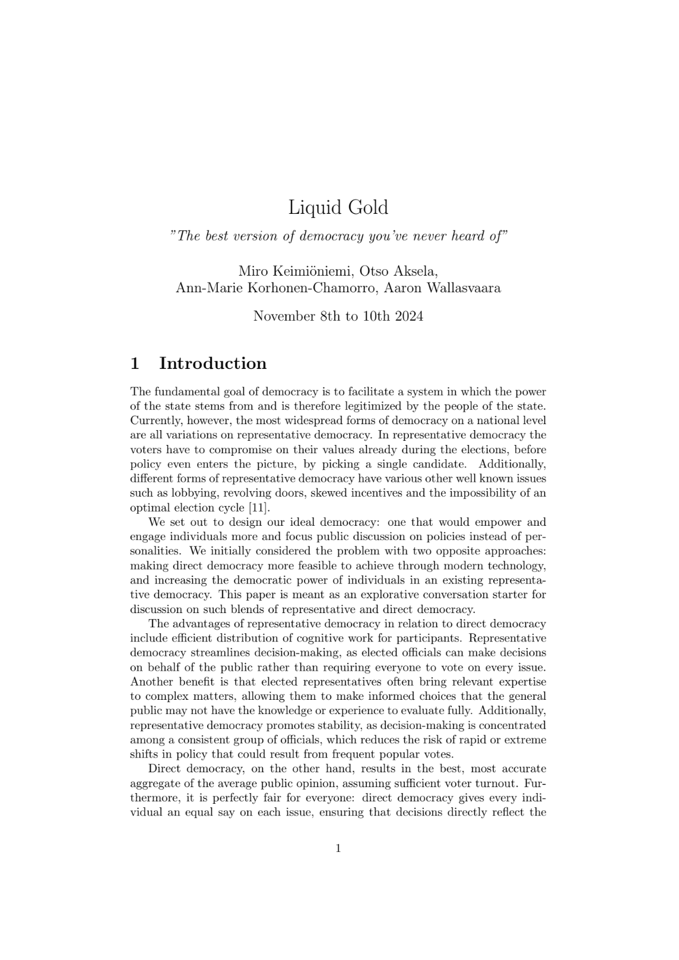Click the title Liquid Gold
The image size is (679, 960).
338,208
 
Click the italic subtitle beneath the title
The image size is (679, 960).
338,236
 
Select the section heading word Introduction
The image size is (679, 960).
212,364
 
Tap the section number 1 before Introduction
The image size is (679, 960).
135,364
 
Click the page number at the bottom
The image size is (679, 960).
338,848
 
